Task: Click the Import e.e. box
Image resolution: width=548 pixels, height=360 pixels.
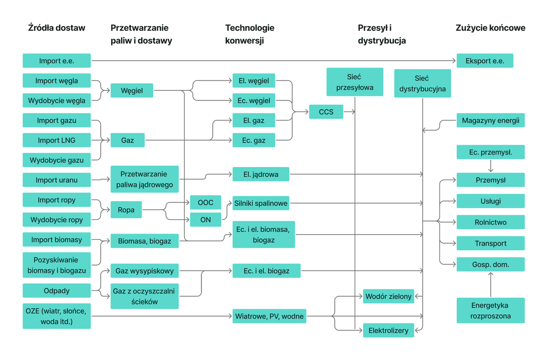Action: (x=57, y=60)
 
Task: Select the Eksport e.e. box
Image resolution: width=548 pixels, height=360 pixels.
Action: (x=485, y=60)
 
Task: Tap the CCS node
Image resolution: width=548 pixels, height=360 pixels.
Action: (x=326, y=112)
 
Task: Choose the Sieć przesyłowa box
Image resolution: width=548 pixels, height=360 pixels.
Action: (x=355, y=82)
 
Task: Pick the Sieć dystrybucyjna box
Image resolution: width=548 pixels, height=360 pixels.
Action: (x=423, y=83)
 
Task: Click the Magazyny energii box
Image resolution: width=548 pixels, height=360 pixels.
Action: (x=490, y=120)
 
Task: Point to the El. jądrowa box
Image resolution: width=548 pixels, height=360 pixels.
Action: (x=261, y=174)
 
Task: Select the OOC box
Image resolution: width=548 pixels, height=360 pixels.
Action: (x=205, y=202)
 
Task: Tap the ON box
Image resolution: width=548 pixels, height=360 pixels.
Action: (x=205, y=220)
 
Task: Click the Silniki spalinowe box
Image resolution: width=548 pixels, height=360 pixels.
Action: (x=261, y=203)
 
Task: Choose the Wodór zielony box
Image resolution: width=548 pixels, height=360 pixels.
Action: (x=388, y=297)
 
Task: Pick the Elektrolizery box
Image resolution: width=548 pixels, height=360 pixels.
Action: (x=388, y=330)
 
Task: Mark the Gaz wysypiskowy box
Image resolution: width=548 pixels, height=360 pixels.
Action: (x=144, y=271)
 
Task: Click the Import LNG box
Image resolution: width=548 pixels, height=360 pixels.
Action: (x=57, y=140)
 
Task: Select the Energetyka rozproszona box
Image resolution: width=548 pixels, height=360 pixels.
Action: (x=490, y=310)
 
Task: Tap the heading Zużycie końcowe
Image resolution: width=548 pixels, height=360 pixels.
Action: (x=490, y=28)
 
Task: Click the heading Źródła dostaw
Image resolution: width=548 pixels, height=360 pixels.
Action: (x=57, y=28)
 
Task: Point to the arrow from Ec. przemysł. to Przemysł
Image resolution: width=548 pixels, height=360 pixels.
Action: (x=491, y=166)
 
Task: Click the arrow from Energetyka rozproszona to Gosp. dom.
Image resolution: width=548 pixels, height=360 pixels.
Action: (x=491, y=284)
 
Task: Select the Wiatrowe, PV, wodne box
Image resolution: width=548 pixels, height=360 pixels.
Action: (x=269, y=316)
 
